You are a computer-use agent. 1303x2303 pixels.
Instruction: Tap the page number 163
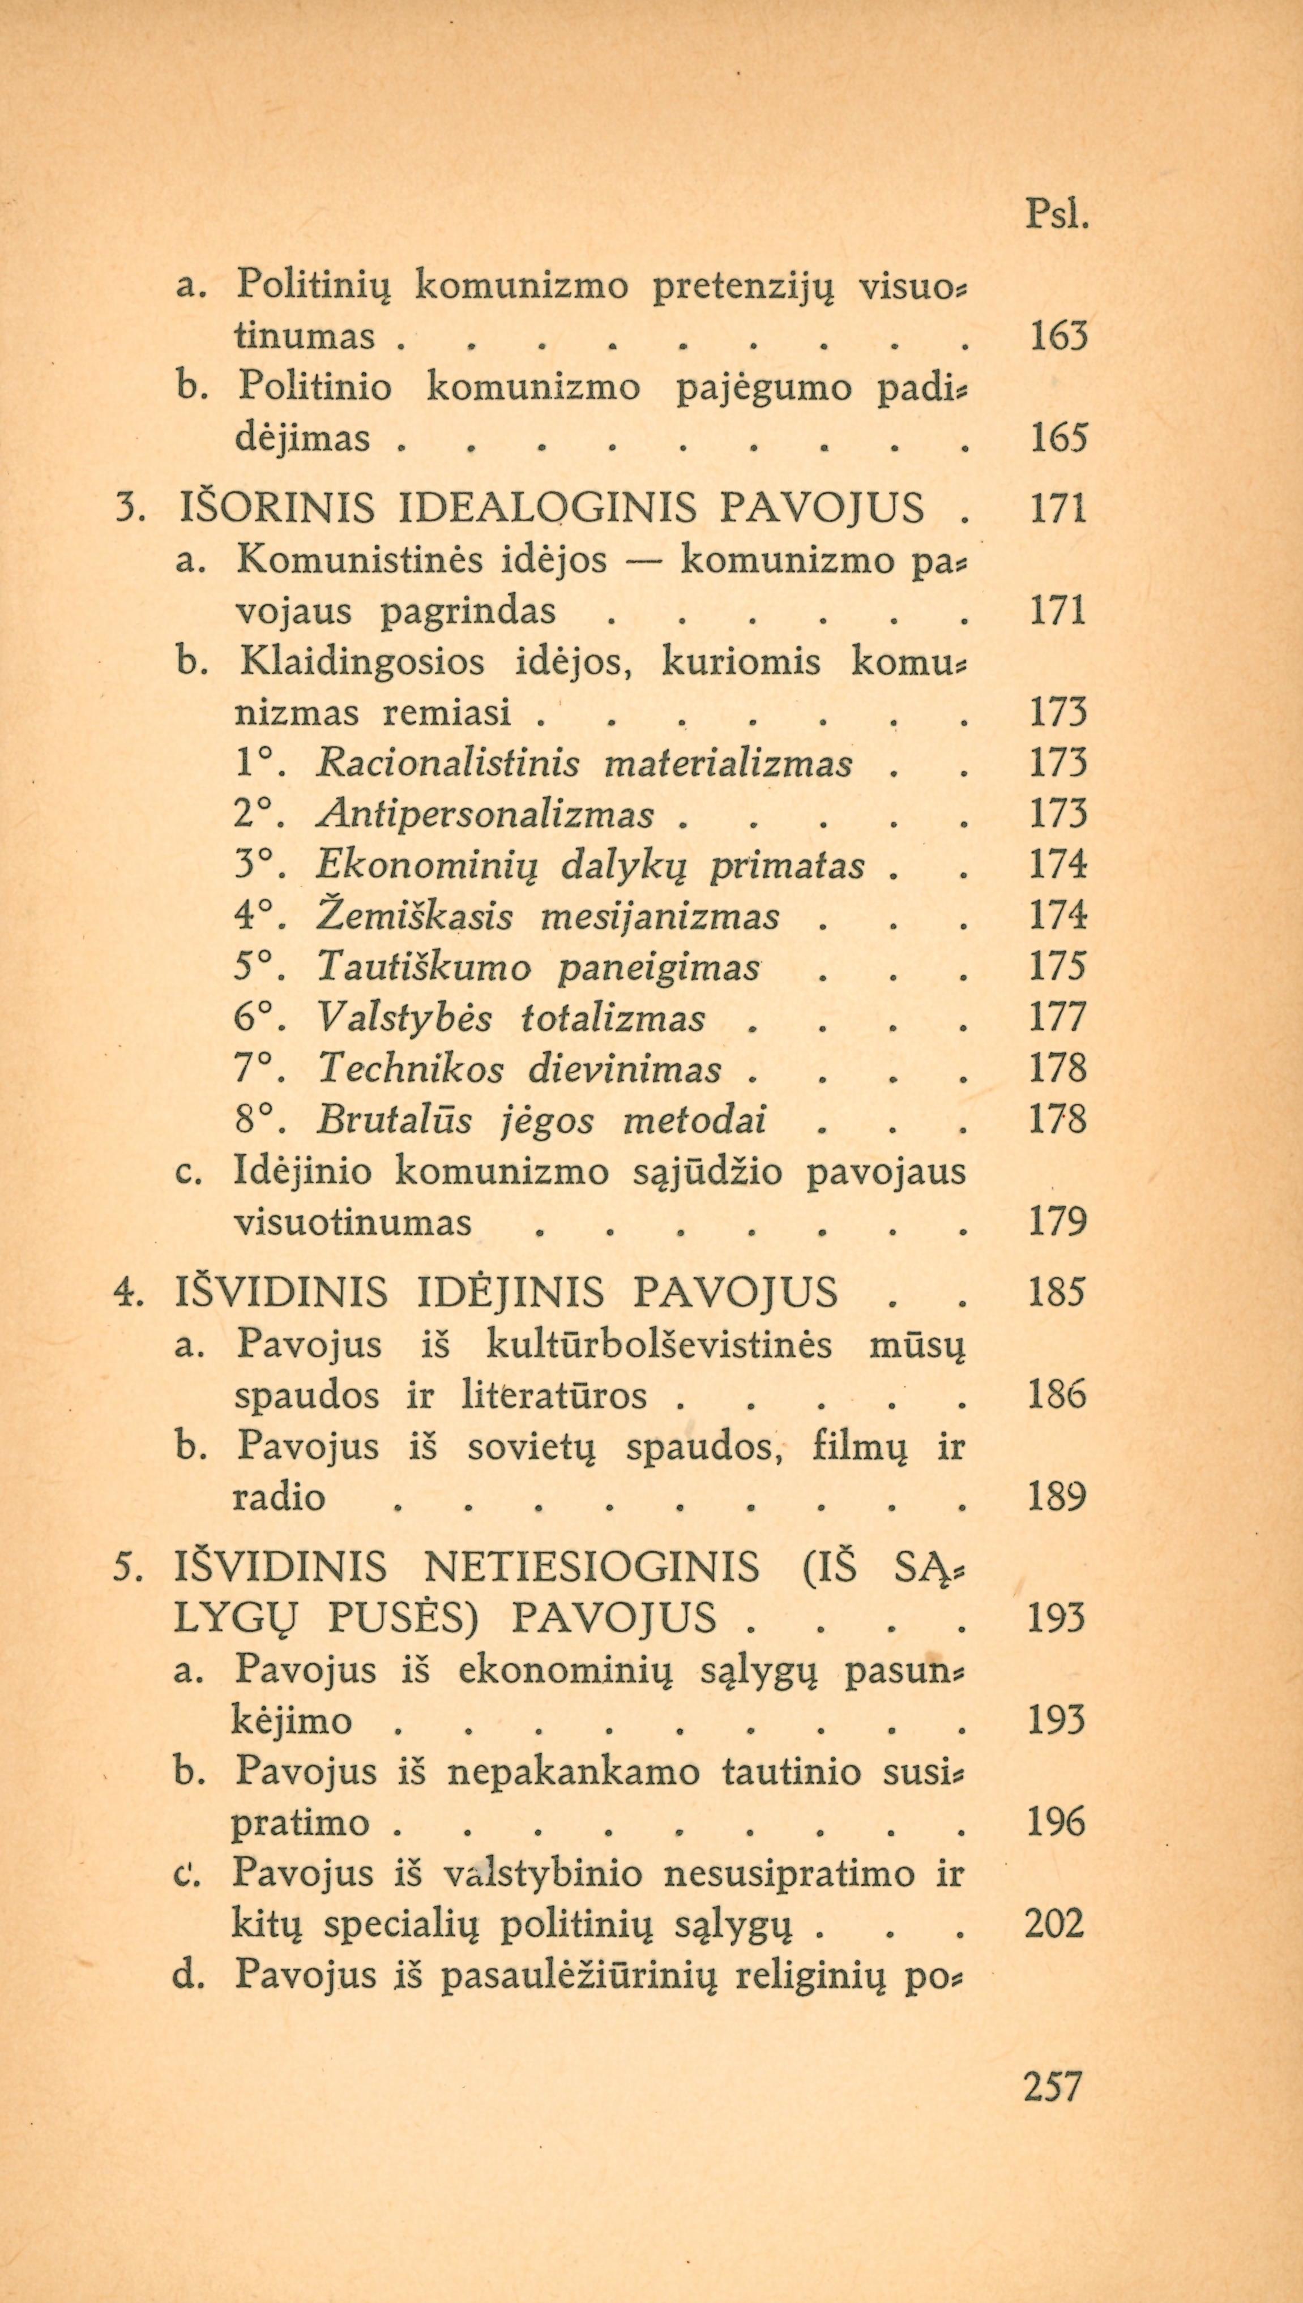click(1058, 336)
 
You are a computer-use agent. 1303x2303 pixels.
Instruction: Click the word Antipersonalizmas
click(485, 816)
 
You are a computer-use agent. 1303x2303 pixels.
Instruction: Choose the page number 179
click(1058, 1223)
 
